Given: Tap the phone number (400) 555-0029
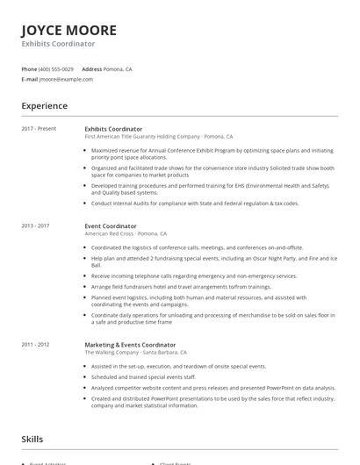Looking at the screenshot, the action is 56,68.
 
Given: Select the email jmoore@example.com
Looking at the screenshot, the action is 66,79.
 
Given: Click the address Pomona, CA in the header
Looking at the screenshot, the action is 118,68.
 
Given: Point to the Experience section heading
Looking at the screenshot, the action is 45,106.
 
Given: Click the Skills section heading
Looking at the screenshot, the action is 33,436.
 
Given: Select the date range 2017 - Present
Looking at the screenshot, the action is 39,129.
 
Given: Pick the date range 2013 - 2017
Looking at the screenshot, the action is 36,225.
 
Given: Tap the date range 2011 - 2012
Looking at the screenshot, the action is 36,345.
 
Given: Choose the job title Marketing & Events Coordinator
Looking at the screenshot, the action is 130,345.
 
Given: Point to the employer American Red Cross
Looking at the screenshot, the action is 110,234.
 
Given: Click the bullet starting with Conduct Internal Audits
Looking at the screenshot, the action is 195,203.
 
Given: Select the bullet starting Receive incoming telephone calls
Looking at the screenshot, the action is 198,275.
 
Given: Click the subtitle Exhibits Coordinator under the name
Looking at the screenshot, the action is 58,43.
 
